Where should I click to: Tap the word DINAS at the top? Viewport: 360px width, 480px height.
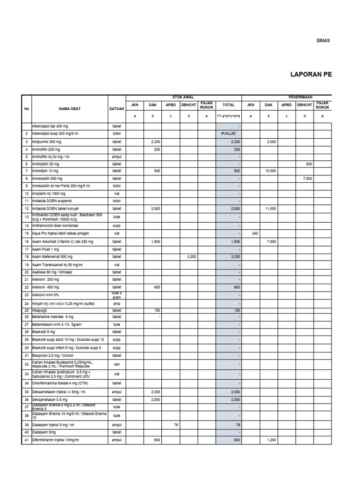pos(323,41)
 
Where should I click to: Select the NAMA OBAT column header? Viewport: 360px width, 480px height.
pos(70,109)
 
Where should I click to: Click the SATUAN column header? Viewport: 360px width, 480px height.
pos(117,109)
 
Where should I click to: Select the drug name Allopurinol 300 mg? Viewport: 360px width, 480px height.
pos(47,141)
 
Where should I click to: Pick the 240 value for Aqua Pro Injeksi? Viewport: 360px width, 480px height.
pos(255,233)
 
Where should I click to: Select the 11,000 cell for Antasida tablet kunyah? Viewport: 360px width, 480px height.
pos(270,209)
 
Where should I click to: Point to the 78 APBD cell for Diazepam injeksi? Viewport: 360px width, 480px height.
pos(176,424)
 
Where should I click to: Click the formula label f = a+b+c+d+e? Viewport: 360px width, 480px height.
pos(228,115)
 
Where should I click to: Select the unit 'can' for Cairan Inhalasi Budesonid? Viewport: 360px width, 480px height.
pos(117,364)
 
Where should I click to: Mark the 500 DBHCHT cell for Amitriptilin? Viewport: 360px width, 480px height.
pos(308,164)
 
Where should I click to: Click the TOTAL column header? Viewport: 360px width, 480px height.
pos(228,105)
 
